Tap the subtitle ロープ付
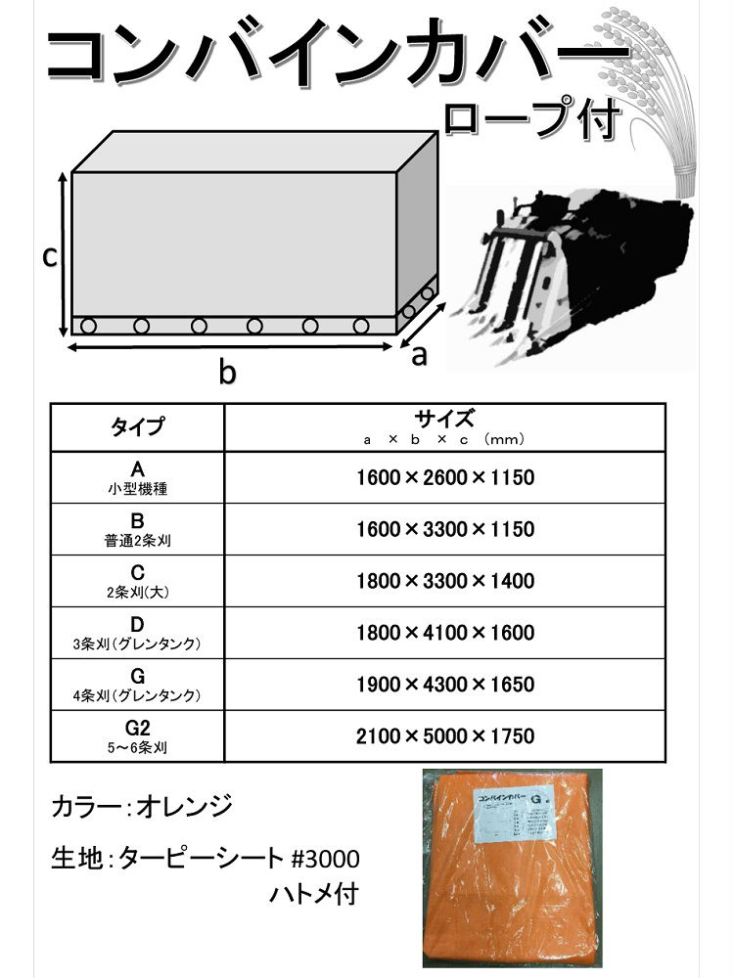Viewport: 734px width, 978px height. click(x=531, y=118)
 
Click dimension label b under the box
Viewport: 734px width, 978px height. click(x=227, y=372)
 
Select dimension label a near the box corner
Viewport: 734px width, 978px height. click(x=420, y=355)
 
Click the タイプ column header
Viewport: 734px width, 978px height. click(x=137, y=426)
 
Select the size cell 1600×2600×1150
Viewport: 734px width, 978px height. click(x=444, y=478)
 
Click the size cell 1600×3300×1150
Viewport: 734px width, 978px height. click(x=444, y=530)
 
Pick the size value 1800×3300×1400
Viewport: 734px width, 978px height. click(x=444, y=581)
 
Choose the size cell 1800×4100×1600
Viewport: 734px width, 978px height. click(x=444, y=633)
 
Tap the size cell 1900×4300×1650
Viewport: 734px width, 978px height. click(x=444, y=685)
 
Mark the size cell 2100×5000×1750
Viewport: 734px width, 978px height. click(x=444, y=735)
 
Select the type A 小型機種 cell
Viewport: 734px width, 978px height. click(x=137, y=478)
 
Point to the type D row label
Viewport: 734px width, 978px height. click(x=137, y=633)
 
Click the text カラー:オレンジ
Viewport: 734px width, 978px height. click(x=142, y=809)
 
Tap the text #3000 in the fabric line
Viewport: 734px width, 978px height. click(x=327, y=860)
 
